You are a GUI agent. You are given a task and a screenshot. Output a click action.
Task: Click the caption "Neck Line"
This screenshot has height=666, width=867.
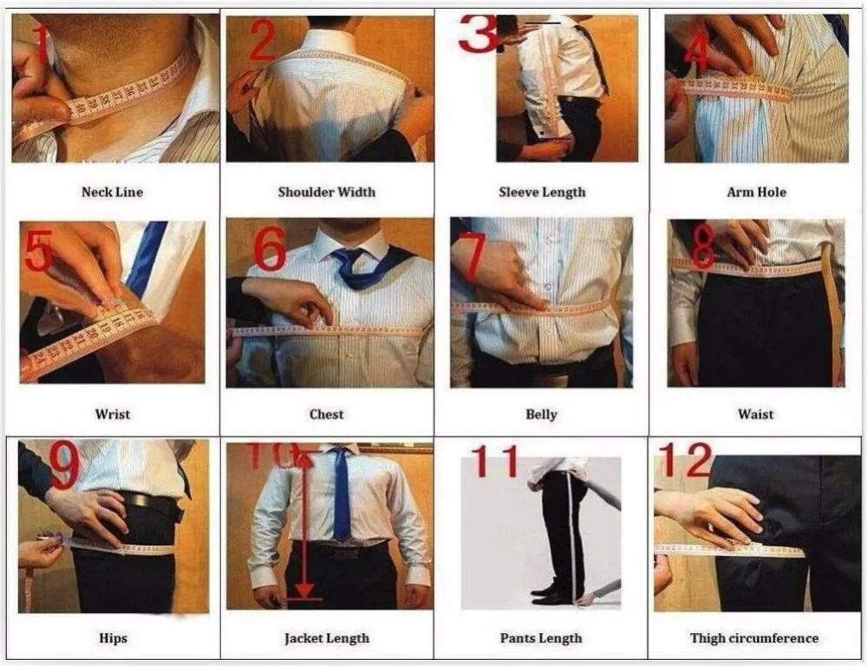click(113, 192)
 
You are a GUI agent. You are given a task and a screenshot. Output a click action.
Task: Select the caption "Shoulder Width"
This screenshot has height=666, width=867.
click(327, 192)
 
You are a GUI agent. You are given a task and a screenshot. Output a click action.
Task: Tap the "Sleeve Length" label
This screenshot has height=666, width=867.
click(542, 192)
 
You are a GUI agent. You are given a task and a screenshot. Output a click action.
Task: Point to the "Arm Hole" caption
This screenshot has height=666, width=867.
click(756, 192)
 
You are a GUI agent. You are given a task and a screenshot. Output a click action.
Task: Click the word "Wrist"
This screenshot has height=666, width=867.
click(113, 414)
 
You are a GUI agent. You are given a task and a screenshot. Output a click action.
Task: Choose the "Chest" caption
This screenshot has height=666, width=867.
click(327, 414)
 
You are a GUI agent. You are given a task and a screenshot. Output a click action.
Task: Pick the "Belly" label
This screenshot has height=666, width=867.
click(541, 414)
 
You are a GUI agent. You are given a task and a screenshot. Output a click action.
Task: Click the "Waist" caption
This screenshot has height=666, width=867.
click(755, 414)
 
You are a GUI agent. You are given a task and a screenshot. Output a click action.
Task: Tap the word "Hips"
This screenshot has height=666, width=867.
click(113, 638)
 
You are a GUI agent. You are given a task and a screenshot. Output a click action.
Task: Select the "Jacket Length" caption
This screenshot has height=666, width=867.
click(327, 638)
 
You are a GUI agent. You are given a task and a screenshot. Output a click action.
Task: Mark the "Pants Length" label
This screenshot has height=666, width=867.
click(541, 638)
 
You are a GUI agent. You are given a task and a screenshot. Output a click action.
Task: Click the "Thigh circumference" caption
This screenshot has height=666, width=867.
click(754, 638)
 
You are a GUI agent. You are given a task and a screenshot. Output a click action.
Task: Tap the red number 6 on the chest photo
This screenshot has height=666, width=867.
click(270, 250)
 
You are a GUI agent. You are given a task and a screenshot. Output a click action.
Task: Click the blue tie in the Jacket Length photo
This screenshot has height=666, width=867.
click(342, 494)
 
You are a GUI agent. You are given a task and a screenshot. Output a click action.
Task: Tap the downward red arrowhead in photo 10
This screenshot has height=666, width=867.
click(303, 591)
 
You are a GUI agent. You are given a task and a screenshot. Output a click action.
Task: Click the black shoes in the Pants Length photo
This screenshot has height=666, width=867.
click(551, 594)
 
